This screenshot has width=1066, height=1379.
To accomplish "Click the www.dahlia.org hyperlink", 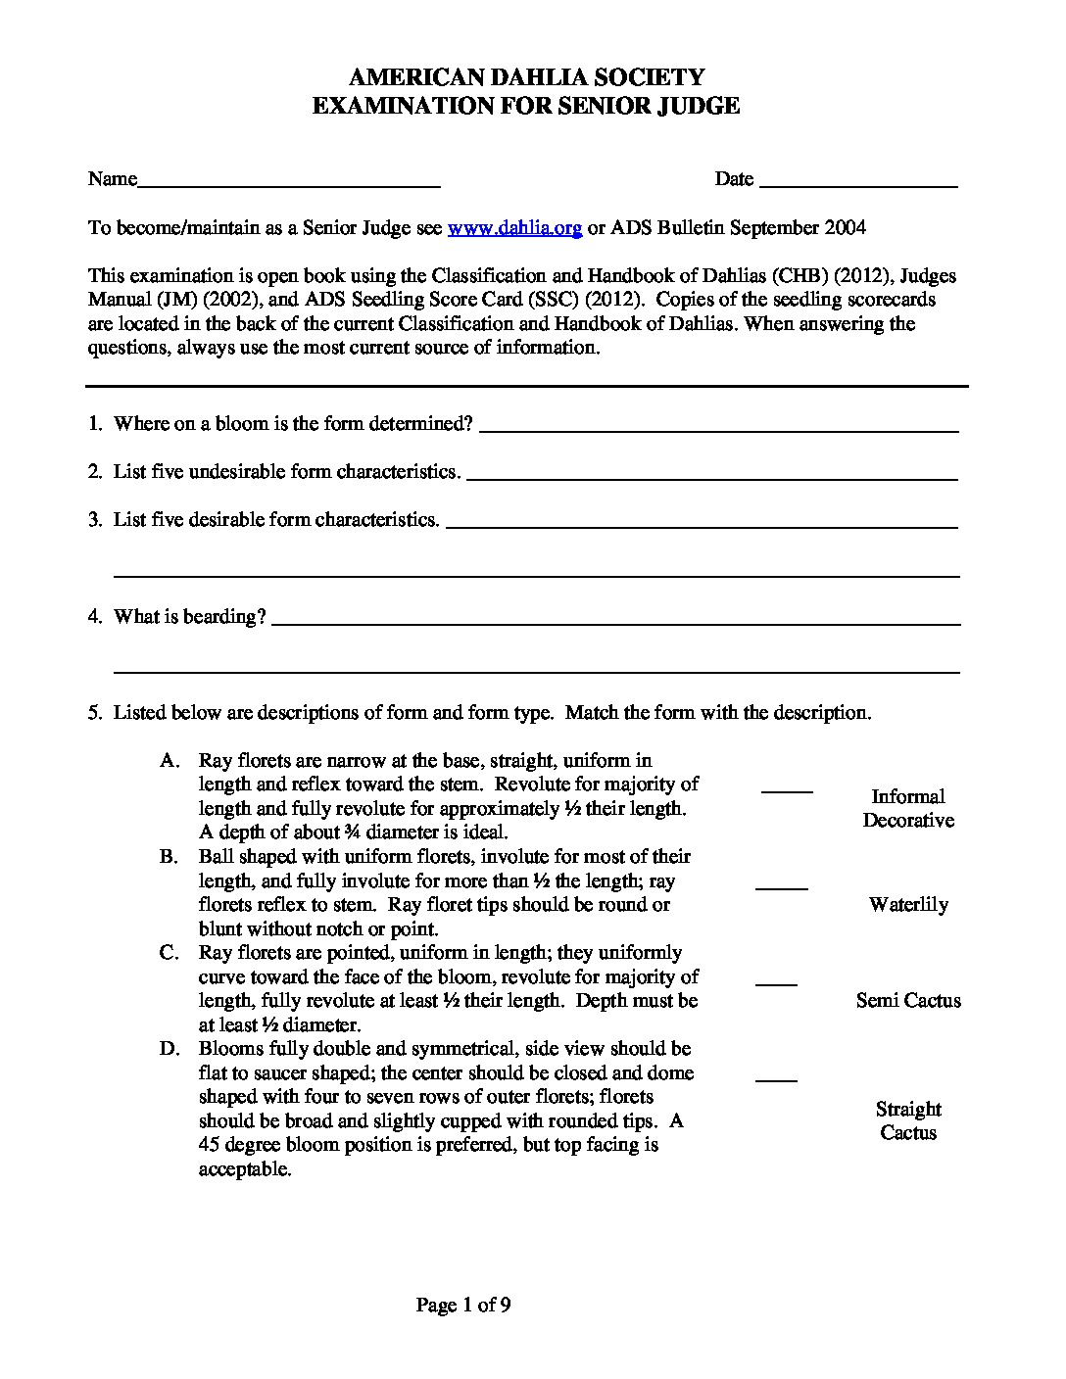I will pos(515,228).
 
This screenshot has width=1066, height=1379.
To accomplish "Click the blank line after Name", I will pos(289,184).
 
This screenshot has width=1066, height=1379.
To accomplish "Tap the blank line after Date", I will pos(858,184).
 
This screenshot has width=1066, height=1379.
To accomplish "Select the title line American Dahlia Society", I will pos(526,77).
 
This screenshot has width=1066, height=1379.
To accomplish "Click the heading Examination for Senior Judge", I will pos(526,106).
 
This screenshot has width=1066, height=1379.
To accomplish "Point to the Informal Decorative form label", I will pos(907,809).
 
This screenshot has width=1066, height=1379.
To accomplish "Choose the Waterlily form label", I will pos(907,904).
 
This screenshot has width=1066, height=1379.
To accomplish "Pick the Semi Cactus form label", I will pos(907,1000).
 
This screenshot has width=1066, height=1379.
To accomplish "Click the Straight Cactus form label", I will pos(907,1120).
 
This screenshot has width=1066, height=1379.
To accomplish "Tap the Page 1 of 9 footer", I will pos(463,1305).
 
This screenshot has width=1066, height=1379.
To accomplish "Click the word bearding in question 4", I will pos(224,617).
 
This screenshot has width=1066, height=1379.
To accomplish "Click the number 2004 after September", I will pos(845,228).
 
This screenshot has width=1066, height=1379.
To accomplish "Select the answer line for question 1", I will pos(719,429).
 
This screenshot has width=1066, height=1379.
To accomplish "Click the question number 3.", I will pos(95,520).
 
